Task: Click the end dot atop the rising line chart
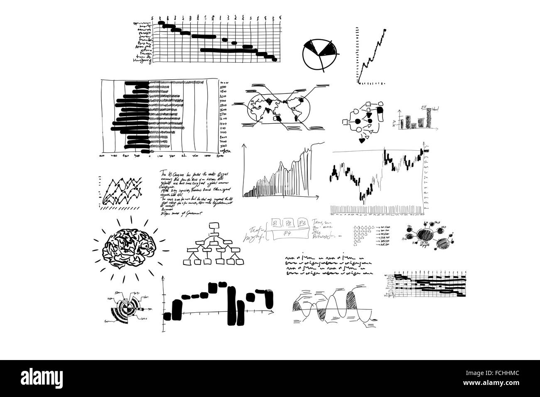point(385,30)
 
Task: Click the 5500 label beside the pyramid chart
point(223,86)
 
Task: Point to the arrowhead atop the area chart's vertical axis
point(244,145)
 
